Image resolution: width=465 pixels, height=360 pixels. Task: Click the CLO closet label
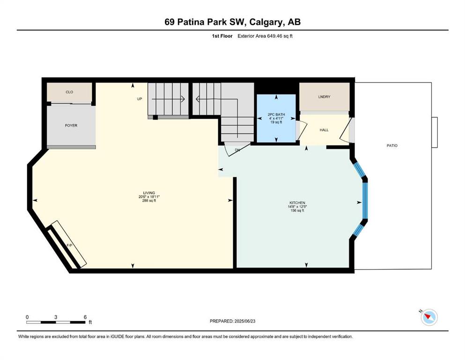click(x=69, y=92)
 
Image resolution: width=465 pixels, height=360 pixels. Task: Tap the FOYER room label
click(x=71, y=126)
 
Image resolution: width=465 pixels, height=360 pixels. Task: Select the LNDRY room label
click(x=324, y=97)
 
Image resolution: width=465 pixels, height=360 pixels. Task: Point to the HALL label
click(x=324, y=130)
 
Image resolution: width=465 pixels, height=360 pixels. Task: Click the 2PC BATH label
click(x=276, y=114)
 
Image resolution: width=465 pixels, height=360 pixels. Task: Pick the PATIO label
click(x=392, y=146)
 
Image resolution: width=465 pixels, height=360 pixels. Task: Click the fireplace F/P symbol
click(x=69, y=245)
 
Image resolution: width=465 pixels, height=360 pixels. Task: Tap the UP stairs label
click(x=140, y=99)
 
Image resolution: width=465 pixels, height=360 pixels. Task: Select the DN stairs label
click(x=237, y=150)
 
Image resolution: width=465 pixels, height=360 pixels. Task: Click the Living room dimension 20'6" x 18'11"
click(x=149, y=197)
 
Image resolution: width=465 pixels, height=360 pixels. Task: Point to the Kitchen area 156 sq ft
click(x=297, y=210)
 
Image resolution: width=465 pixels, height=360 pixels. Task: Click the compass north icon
click(x=429, y=317)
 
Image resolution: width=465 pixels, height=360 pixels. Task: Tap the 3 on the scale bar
click(x=56, y=317)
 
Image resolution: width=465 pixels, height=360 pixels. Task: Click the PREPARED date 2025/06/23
click(x=244, y=321)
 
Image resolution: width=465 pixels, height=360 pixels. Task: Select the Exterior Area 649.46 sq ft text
click(x=265, y=36)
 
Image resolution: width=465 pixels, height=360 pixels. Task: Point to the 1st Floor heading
click(x=222, y=36)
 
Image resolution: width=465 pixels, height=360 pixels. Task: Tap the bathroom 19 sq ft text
click(x=276, y=122)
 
